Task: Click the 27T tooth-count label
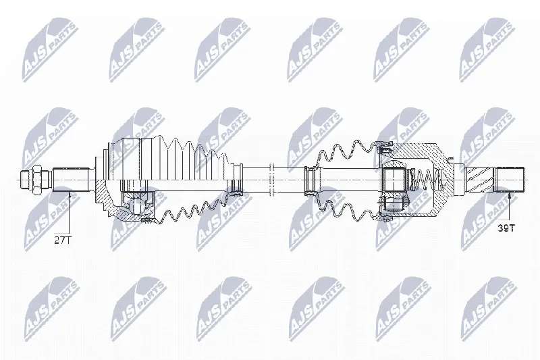click(x=62, y=240)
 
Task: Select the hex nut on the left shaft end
click(x=36, y=179)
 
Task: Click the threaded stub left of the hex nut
click(x=25, y=180)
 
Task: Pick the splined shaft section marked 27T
click(x=70, y=180)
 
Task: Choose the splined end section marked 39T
click(x=510, y=180)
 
